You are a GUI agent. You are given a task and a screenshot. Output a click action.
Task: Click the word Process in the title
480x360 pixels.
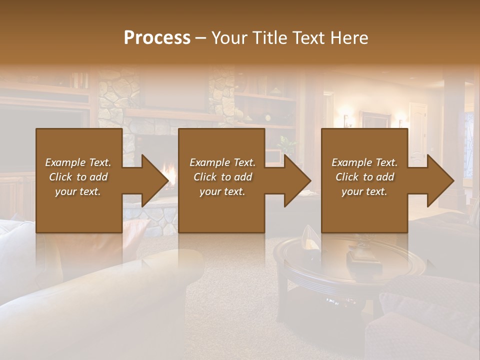pos(157,38)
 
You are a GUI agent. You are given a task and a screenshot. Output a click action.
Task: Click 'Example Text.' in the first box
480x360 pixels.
pos(78,162)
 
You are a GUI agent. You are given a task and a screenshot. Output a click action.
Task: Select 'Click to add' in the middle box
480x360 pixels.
pos(222,177)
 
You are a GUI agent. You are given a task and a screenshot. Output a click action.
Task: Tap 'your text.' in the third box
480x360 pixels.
pos(364,191)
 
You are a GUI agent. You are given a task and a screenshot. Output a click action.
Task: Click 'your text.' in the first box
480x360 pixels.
pos(78,191)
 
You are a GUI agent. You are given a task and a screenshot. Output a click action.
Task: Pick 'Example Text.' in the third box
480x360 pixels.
pos(364,162)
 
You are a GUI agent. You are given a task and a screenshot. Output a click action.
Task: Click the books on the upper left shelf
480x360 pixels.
pos(78,80)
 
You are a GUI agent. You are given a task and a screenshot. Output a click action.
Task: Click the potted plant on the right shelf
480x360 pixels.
pos(286,145)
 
